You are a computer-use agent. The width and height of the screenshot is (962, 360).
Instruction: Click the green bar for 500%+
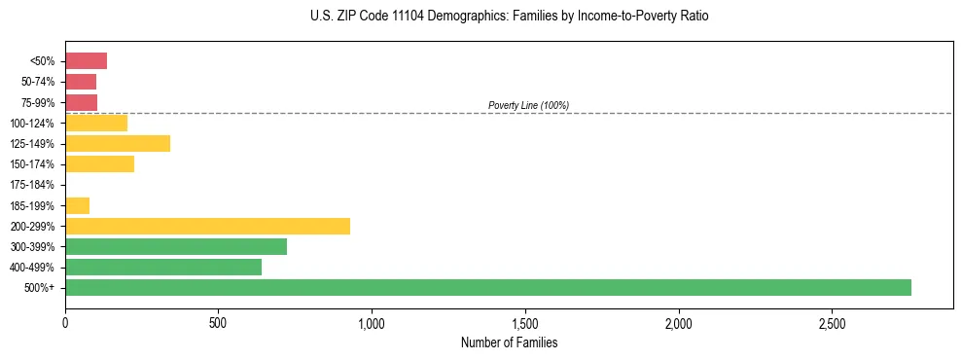487,287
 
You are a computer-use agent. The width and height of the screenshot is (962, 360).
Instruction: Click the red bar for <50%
86,61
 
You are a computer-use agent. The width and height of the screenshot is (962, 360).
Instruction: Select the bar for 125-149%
118,144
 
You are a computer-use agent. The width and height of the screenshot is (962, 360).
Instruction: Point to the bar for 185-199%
77,205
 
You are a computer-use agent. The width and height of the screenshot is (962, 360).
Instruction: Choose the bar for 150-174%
99,164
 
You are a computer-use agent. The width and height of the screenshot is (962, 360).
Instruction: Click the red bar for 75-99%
81,102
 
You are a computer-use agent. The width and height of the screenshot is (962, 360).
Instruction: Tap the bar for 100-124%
96,123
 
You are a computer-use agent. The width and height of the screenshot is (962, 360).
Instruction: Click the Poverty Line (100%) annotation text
528,105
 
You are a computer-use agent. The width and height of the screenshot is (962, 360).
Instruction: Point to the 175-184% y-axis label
33,185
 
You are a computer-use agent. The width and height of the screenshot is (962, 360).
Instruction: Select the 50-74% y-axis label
38,82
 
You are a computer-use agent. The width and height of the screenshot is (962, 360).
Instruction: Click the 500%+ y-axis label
40,288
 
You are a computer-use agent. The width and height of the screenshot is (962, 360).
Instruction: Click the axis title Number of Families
509,342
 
